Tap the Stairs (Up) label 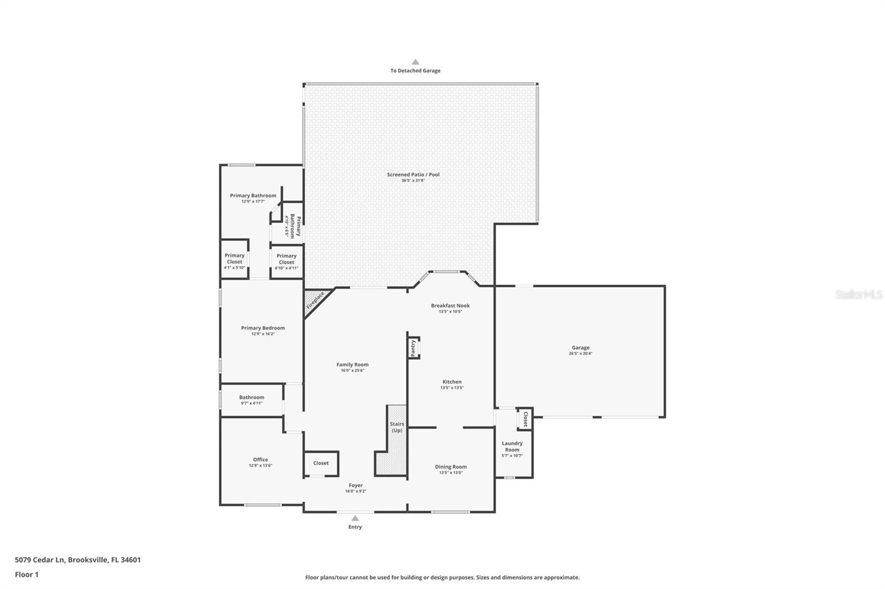tap(397, 427)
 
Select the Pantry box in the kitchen tap(413, 348)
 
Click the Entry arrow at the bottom tap(355, 518)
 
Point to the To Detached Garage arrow tap(415, 62)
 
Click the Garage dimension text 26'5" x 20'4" tap(580, 354)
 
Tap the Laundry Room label tap(512, 446)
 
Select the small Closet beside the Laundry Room tap(525, 419)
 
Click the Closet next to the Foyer tap(321, 463)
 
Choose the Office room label tap(261, 460)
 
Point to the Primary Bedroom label tap(263, 328)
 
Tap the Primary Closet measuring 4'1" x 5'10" tap(235, 259)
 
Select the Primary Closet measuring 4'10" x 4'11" tap(287, 259)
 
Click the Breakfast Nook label tap(450, 306)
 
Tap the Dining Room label tap(451, 467)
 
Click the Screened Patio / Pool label tap(413, 175)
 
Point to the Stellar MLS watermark tap(858, 294)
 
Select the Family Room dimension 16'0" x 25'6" tap(352, 371)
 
